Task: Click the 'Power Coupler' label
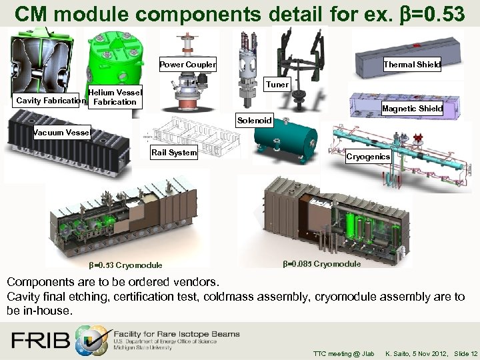click(x=187, y=65)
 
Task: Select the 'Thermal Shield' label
click(x=411, y=65)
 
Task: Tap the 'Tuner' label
click(x=277, y=85)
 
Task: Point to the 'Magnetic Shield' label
click(x=412, y=109)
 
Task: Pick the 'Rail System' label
click(x=173, y=153)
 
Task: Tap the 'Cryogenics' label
click(x=368, y=157)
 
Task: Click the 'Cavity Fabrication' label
click(x=51, y=101)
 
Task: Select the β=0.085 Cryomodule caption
click(x=321, y=264)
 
